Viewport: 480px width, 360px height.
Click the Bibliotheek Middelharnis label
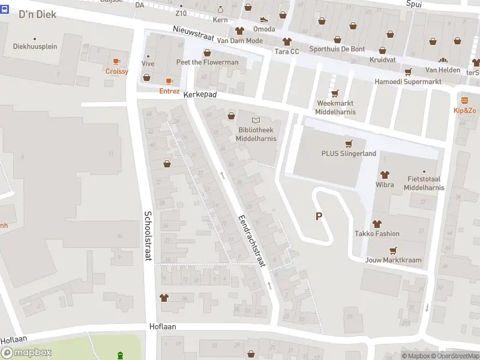[256, 134]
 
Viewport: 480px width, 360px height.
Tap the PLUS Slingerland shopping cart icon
[348, 143]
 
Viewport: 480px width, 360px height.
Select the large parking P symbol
[319, 217]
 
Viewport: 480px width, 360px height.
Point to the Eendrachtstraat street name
[250, 240]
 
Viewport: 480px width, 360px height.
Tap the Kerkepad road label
[199, 95]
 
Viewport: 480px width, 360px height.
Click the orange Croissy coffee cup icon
[116, 61]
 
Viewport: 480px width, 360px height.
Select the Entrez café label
[169, 91]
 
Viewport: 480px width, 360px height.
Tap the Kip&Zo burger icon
[464, 100]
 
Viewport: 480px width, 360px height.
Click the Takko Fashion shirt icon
[377, 224]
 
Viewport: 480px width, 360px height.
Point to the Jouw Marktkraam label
[393, 260]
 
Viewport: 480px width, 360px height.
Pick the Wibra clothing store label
[385, 185]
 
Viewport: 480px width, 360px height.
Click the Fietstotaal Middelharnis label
[424, 184]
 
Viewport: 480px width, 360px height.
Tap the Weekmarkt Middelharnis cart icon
[335, 94]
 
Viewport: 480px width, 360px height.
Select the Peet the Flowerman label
[207, 62]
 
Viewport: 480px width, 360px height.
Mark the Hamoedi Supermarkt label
[407, 82]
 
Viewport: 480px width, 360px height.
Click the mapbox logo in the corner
[26, 353]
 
